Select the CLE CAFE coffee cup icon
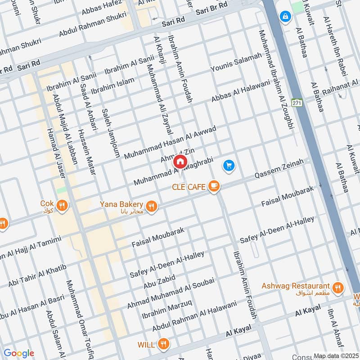pyautogui.click(x=214, y=186)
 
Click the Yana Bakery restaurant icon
pyautogui.click(x=152, y=206)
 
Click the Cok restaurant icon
pyautogui.click(x=63, y=205)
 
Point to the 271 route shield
pyautogui.click(x=296, y=103)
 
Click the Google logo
pyautogui.click(x=18, y=353)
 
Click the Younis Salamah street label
pyautogui.click(x=236, y=63)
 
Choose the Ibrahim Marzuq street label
pyautogui.click(x=167, y=310)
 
